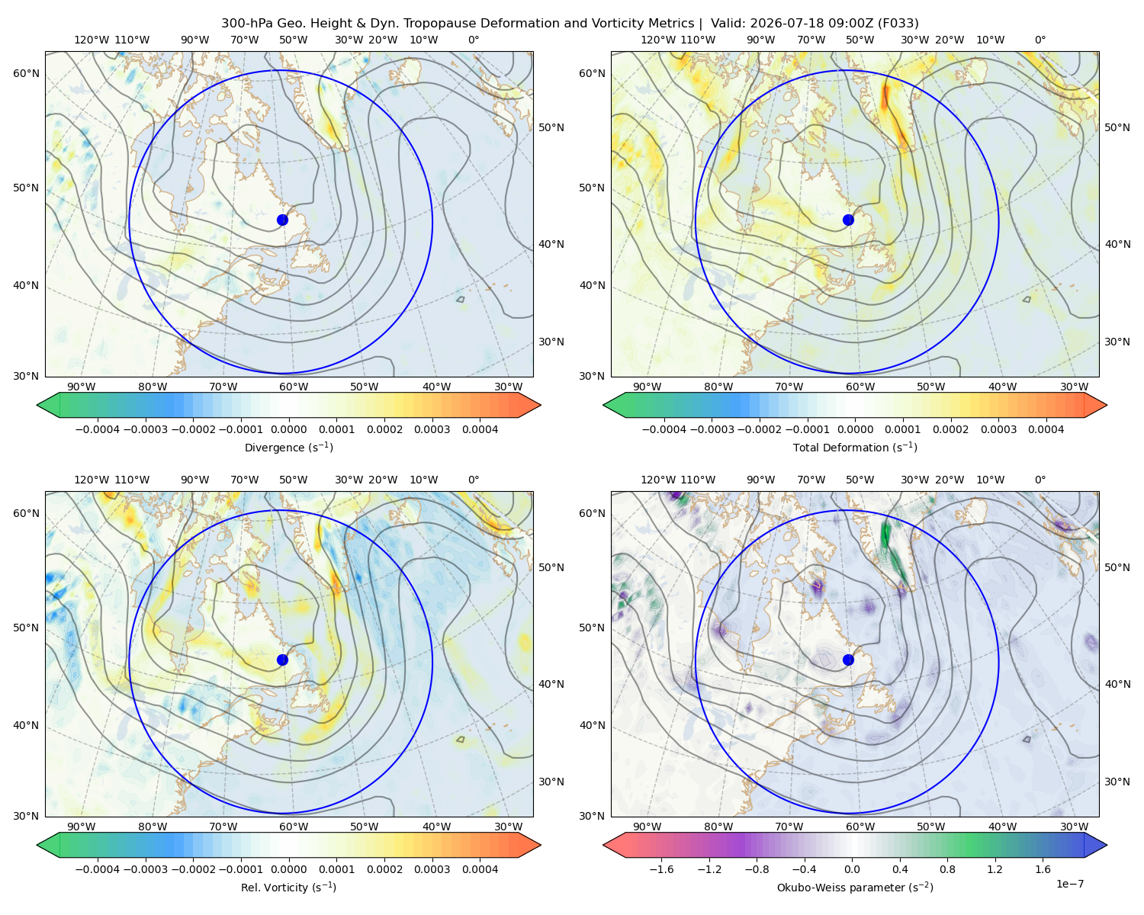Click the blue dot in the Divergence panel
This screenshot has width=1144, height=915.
click(x=282, y=220)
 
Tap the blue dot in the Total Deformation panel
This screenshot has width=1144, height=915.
click(x=848, y=220)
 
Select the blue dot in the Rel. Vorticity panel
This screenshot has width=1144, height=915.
click(x=282, y=660)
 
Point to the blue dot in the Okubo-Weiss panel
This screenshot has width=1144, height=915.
click(x=848, y=660)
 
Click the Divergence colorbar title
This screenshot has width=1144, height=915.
click(x=288, y=448)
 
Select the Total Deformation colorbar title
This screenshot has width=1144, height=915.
click(x=855, y=448)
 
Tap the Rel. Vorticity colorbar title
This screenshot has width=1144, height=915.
click(x=288, y=888)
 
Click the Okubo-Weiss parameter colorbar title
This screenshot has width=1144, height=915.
click(x=855, y=888)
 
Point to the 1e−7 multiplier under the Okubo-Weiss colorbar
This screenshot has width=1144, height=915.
click(x=1069, y=884)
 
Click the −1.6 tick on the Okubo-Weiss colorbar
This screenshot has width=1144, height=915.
click(x=661, y=869)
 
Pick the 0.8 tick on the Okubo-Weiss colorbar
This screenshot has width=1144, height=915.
click(x=947, y=869)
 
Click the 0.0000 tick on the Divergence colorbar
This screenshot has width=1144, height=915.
click(x=288, y=429)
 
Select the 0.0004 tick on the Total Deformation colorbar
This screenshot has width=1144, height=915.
click(x=1046, y=429)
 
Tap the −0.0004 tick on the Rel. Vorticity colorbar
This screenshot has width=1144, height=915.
click(x=98, y=869)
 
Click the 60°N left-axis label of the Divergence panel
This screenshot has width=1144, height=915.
click(x=26, y=73)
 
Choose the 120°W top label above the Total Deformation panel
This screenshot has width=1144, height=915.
click(x=657, y=40)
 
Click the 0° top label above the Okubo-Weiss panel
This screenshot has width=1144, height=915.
click(x=1040, y=480)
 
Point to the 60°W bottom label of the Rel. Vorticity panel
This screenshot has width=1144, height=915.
click(x=294, y=827)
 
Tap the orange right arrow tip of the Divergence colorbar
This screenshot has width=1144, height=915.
click(x=540, y=405)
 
